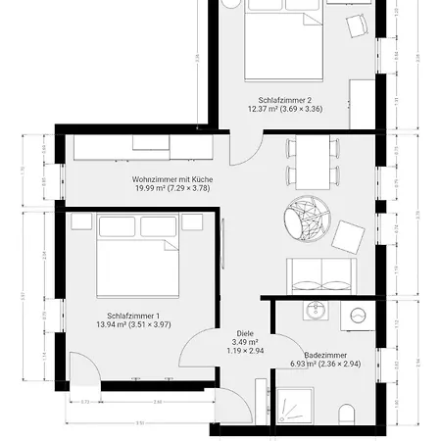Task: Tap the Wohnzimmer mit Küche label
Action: pyautogui.click(x=172, y=179)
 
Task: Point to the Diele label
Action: pyautogui.click(x=245, y=333)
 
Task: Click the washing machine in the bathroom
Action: pyautogui.click(x=358, y=316)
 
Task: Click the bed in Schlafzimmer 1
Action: pyautogui.click(x=137, y=260)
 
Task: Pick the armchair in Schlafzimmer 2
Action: pyautogui.click(x=355, y=26)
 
